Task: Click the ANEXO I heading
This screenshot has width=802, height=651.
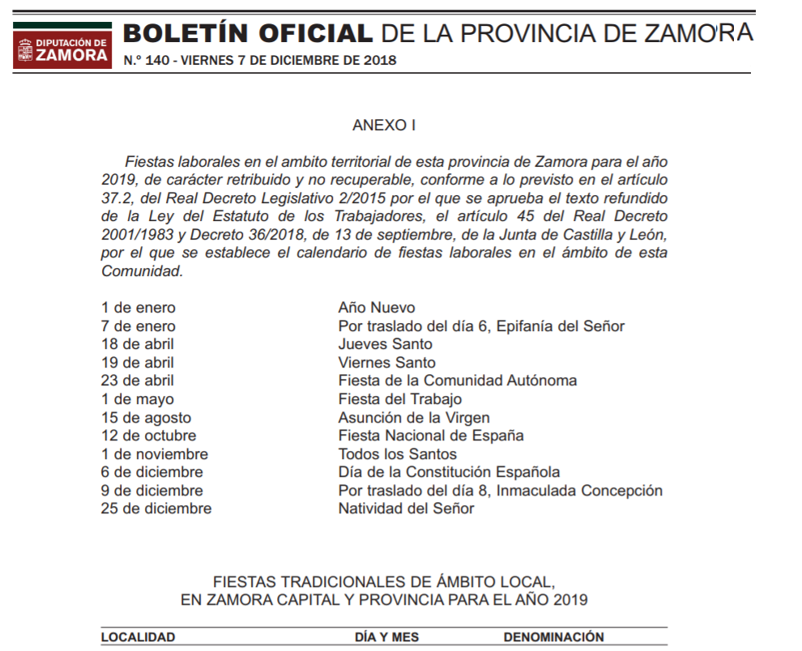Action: tap(384, 126)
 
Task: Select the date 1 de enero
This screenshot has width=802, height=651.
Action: tap(139, 308)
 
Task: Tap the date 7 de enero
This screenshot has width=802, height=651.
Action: tap(139, 326)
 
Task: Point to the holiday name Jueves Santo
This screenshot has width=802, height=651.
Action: tap(385, 344)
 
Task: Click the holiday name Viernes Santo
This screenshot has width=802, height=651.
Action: tap(386, 363)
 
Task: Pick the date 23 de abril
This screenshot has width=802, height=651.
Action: tap(138, 381)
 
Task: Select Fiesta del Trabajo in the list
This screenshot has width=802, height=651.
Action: tap(400, 399)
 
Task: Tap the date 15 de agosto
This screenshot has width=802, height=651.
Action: tap(147, 418)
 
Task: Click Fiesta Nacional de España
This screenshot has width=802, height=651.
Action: tap(431, 436)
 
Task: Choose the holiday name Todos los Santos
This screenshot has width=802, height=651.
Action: tap(398, 454)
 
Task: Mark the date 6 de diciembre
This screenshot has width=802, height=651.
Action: tap(152, 472)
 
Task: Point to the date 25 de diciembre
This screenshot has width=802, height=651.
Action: tap(156, 508)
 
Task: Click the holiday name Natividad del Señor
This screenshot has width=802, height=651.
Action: tap(406, 508)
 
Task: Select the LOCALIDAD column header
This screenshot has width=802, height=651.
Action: tap(139, 637)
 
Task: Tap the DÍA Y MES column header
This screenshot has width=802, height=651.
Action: tap(387, 637)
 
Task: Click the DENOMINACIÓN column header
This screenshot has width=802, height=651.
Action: tap(554, 637)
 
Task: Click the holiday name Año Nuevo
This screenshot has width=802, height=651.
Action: tap(377, 308)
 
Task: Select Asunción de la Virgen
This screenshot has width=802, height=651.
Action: tap(414, 418)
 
